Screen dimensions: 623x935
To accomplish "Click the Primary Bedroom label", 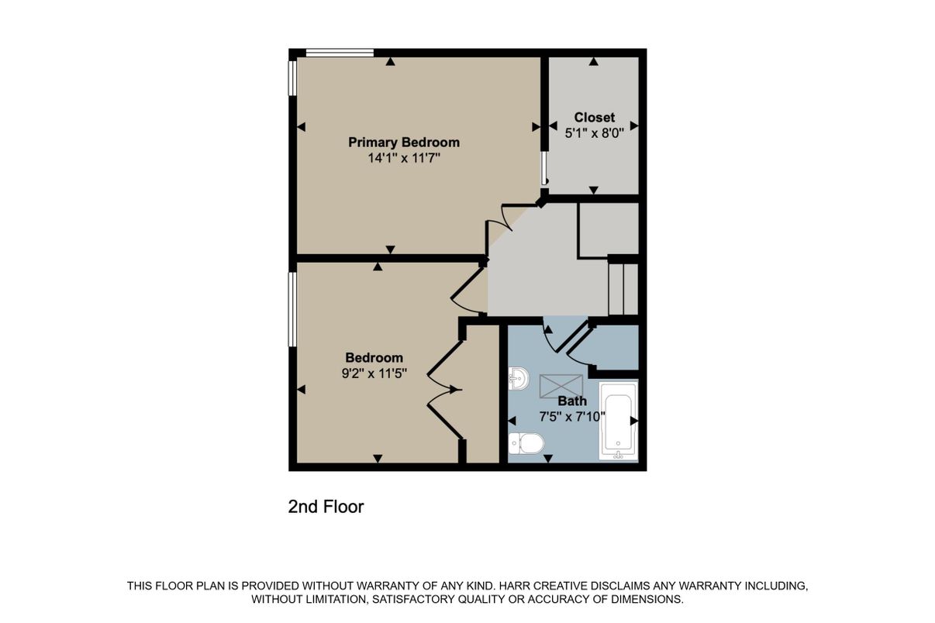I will (x=403, y=143).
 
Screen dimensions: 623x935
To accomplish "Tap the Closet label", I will (x=594, y=118).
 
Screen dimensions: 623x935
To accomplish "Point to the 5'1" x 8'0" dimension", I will (x=594, y=133).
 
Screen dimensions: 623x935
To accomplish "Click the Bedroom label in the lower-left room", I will (x=374, y=357).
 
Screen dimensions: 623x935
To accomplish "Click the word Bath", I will (x=572, y=401).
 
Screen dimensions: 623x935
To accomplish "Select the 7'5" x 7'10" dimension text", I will (x=572, y=416).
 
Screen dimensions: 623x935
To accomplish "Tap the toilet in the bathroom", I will (x=526, y=444).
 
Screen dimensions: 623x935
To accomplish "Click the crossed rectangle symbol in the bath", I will (x=561, y=384).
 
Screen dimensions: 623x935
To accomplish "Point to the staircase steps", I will (x=623, y=289).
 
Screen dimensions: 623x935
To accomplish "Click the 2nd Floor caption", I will (x=326, y=507).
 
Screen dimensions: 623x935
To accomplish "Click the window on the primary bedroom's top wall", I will (x=340, y=53).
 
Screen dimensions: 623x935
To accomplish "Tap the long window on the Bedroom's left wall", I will (x=292, y=309).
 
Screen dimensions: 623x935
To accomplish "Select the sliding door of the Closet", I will (x=544, y=166).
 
